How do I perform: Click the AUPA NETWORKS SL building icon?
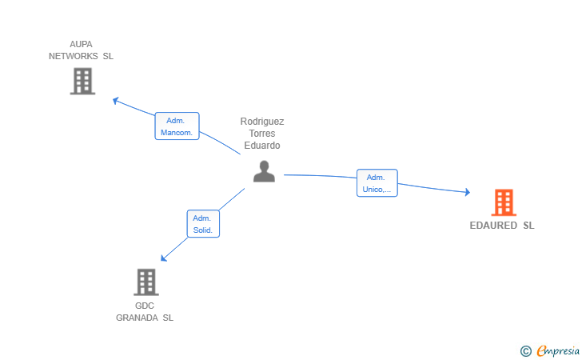(x=83, y=81)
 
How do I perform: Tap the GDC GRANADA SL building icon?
(x=146, y=282)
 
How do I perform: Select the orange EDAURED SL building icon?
(x=504, y=202)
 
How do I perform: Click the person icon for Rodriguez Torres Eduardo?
(x=265, y=171)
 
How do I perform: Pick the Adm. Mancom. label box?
(x=177, y=126)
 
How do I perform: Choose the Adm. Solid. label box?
(x=203, y=224)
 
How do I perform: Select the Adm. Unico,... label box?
(x=377, y=182)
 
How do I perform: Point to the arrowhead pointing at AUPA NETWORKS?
(x=115, y=100)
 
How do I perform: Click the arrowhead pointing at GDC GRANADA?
(x=163, y=258)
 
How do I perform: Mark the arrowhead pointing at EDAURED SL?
(x=468, y=192)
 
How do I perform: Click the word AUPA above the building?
(x=81, y=44)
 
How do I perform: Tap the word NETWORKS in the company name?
(x=74, y=56)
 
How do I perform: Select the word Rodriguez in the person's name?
(x=262, y=122)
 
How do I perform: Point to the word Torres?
(x=262, y=134)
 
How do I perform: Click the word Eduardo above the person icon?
(x=262, y=146)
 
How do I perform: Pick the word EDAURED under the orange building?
(x=493, y=226)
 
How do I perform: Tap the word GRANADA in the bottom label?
(x=137, y=318)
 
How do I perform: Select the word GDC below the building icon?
(x=145, y=306)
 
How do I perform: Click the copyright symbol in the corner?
(x=525, y=351)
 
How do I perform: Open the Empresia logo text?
(x=558, y=351)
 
